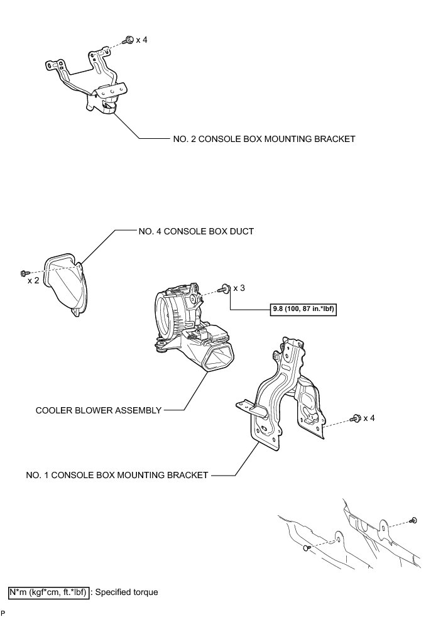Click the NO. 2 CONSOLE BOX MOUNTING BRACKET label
coord(264,139)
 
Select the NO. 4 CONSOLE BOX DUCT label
coord(196,231)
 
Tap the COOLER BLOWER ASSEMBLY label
coord(98,410)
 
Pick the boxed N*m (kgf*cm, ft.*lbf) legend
coord(48,592)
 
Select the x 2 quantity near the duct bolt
coord(33,280)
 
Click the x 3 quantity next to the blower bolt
coord(239,288)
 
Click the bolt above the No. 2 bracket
coord(127,40)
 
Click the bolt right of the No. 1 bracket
coord(356,418)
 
